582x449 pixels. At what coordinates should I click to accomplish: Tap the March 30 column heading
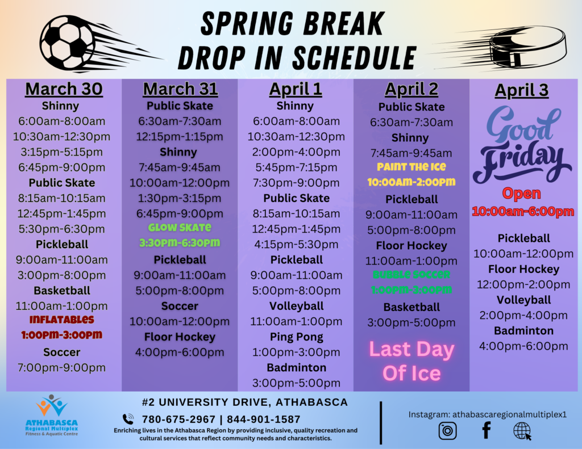coord(64,89)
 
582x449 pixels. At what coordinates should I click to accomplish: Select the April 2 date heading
coord(411,89)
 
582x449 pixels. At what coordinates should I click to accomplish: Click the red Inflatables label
coord(61,319)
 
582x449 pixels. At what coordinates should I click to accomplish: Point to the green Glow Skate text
coord(180,227)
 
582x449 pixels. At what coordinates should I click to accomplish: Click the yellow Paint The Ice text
coord(411,167)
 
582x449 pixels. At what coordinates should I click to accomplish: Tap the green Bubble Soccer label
coord(411,274)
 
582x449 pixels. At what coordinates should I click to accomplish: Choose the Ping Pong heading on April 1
coord(297,337)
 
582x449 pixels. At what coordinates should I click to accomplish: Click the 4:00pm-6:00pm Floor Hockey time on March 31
coord(180,353)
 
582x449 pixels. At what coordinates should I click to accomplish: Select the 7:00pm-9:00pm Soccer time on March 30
coord(61,368)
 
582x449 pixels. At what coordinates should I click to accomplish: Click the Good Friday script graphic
coord(522,144)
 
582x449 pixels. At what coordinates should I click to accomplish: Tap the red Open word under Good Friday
coord(522,193)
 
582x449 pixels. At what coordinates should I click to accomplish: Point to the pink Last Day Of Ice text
coord(411,361)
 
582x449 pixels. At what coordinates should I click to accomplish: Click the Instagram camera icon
coord(448,431)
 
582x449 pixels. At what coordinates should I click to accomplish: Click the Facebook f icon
coord(487,430)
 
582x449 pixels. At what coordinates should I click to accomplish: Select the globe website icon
coord(522,431)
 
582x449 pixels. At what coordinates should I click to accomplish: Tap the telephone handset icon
coord(128,419)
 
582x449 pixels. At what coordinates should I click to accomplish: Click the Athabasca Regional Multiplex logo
coord(52,416)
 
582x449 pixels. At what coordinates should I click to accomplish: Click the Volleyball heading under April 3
coord(523,300)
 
